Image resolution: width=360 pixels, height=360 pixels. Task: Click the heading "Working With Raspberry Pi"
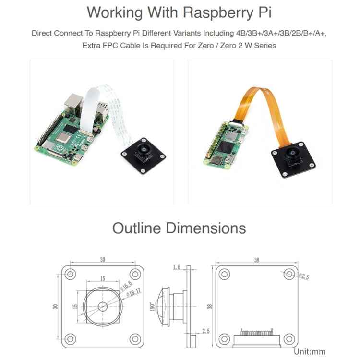coord(180,12)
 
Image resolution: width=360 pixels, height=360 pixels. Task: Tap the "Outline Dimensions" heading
coord(179,228)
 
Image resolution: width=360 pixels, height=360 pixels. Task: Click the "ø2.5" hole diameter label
coord(304,276)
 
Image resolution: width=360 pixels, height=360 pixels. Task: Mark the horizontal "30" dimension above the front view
coord(102,260)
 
